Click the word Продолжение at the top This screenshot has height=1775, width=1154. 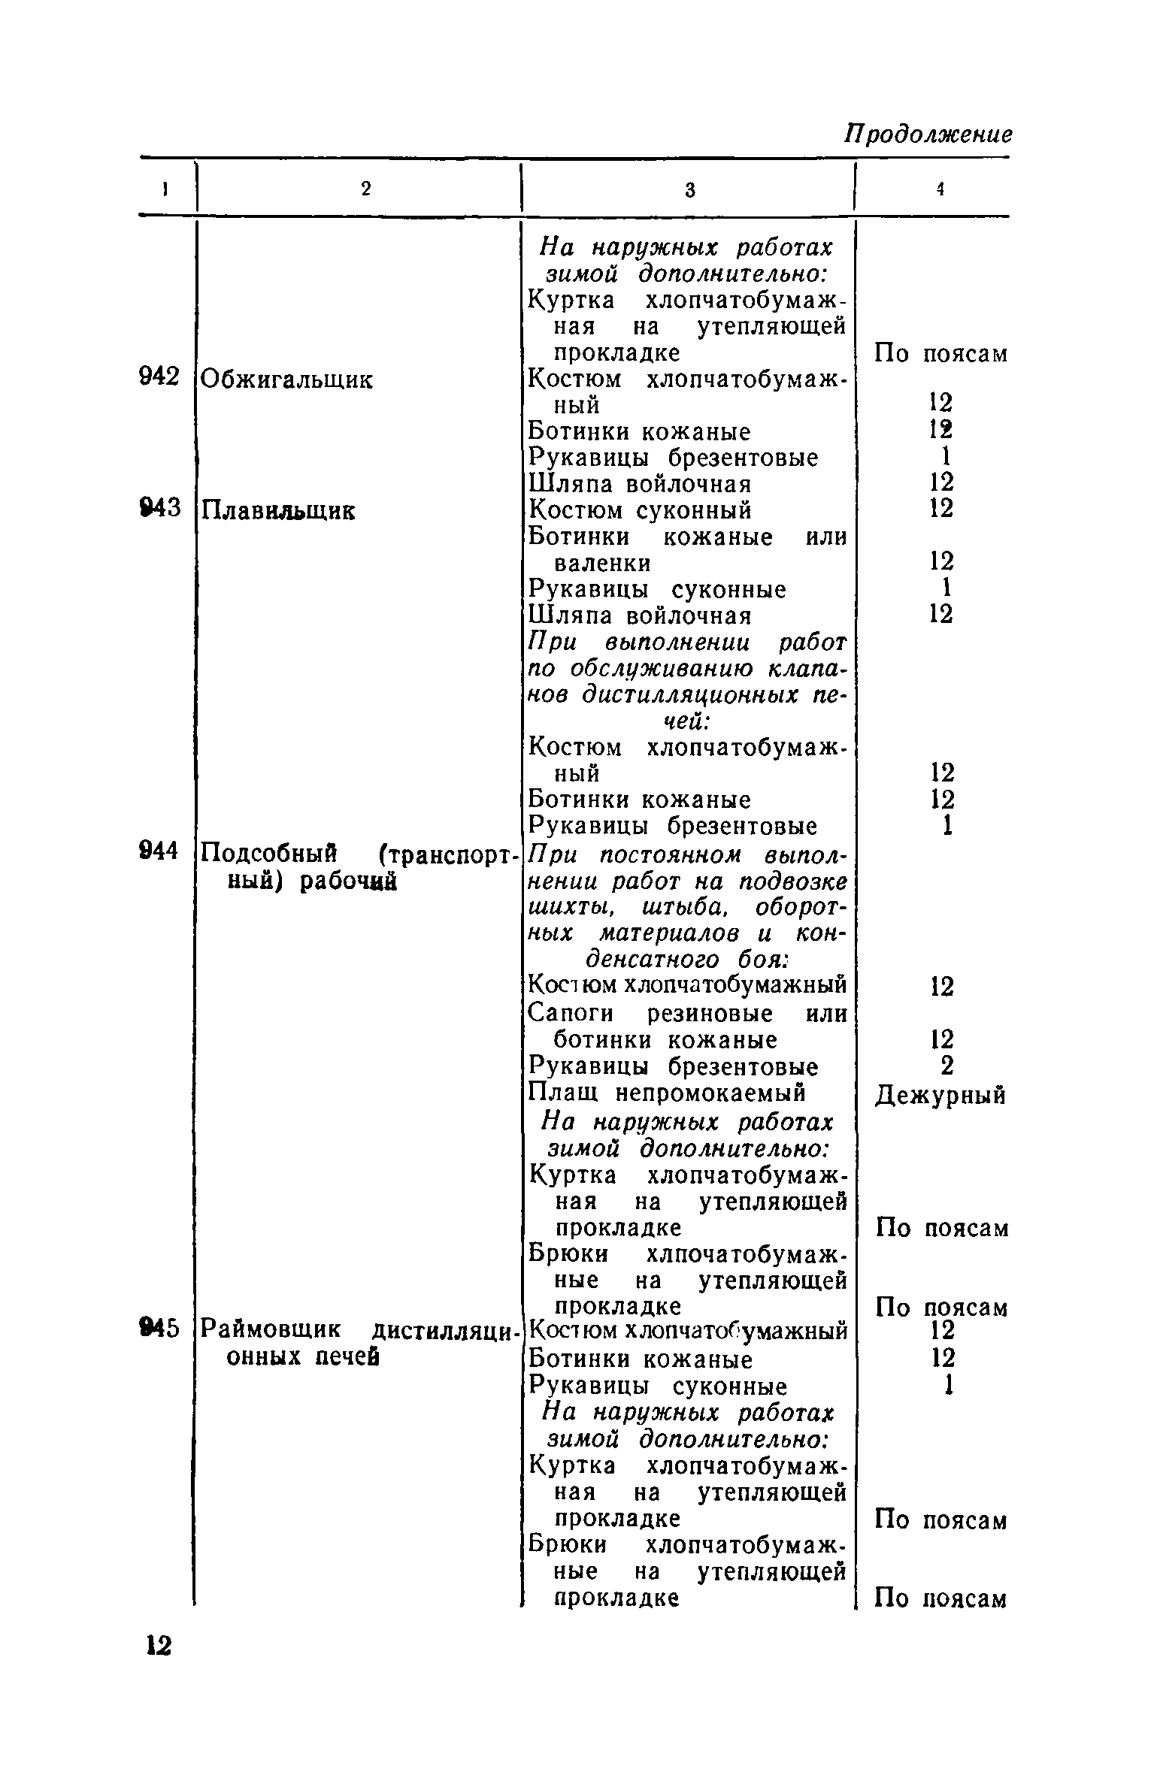click(x=928, y=135)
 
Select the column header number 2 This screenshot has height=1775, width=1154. click(x=365, y=190)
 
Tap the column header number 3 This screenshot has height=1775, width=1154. click(x=689, y=191)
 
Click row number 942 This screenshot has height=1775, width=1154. click(x=160, y=378)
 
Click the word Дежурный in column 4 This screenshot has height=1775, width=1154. click(x=940, y=1096)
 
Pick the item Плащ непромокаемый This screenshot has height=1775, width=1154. click(x=667, y=1091)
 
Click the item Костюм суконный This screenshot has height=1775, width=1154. click(x=640, y=510)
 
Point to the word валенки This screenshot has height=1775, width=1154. click(x=602, y=563)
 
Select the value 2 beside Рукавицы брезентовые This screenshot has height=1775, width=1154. click(x=947, y=1066)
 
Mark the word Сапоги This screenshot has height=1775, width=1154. click(x=571, y=1014)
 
